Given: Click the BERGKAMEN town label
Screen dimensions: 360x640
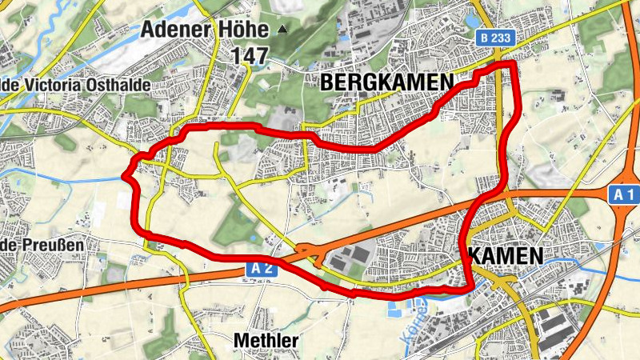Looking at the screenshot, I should point(386,82).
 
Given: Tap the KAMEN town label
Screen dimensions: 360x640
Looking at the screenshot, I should point(505,255).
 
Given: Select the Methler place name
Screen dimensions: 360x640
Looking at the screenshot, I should point(266,340).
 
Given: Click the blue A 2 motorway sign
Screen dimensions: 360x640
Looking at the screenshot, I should point(261,270).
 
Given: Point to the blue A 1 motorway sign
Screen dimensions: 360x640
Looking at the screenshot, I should point(624,194).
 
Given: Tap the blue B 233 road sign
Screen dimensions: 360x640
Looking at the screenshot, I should point(496,38).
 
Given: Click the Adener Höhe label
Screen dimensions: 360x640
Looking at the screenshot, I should point(204,30).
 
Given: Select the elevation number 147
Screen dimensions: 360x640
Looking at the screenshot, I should point(249,55).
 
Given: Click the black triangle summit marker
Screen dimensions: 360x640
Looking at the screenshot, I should point(282,30).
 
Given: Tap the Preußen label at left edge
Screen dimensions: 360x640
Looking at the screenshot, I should point(35,244).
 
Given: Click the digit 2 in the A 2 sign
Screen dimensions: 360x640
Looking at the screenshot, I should point(267,270).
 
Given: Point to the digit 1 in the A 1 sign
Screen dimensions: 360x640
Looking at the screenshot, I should point(630,194).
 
